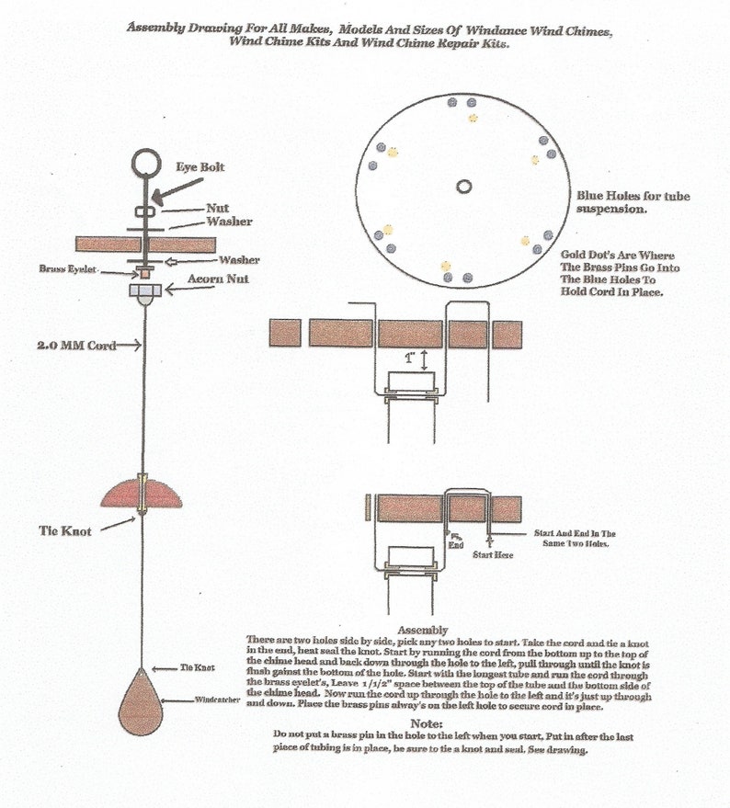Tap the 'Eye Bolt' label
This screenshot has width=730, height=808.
[x=200, y=167]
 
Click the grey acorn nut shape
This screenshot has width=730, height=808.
[x=144, y=290]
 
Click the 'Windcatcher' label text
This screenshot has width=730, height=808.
[x=218, y=700]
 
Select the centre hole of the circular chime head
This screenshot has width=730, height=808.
[x=463, y=187]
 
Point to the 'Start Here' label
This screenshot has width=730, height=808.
[x=492, y=555]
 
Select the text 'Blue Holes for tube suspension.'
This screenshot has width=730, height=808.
[x=633, y=202]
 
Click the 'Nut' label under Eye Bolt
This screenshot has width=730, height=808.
[x=218, y=209]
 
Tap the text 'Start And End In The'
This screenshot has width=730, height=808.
[x=575, y=533]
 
